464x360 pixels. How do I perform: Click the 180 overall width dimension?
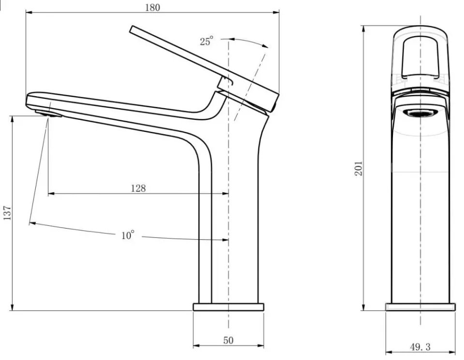coord(152,7)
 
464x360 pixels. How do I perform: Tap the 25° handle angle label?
coord(206,41)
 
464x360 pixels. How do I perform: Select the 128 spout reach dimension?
coord(138,188)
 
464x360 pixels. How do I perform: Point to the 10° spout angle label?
coord(128,235)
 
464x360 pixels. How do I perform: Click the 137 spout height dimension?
coord(7,213)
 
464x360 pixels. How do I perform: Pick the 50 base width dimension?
coord(228,341)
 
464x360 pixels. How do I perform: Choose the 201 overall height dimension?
coord(358,169)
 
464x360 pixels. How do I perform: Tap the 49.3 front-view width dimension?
coord(420,346)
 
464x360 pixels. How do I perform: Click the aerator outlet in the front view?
coord(420,113)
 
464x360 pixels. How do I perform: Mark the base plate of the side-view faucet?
coord(228,307)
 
